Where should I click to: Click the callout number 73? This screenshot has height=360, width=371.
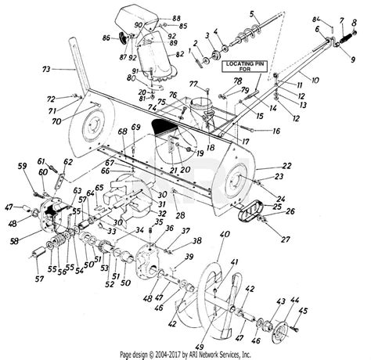click(46, 70)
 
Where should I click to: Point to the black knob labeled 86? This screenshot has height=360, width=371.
click(121, 38)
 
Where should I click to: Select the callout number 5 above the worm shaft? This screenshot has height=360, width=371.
click(252, 13)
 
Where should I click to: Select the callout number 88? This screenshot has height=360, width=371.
click(175, 18)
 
